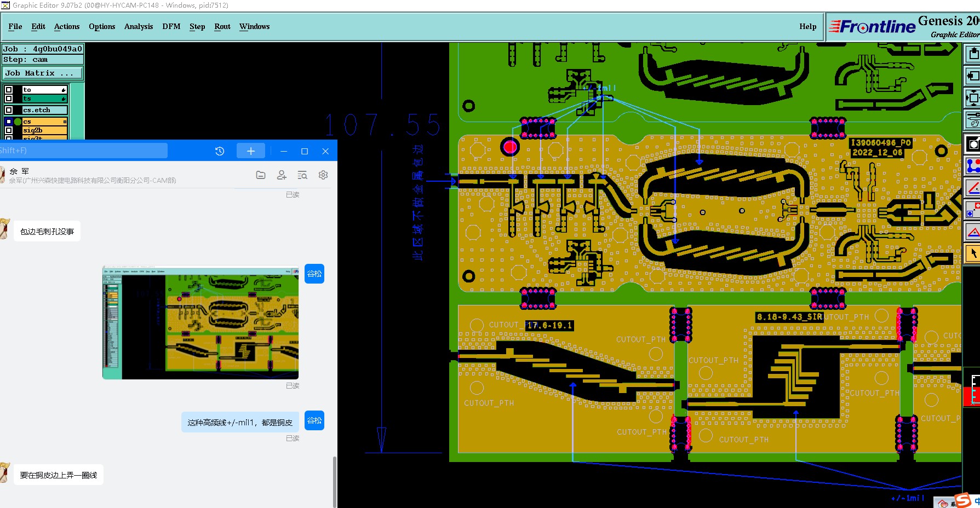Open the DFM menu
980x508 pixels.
171,26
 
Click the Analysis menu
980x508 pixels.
138,26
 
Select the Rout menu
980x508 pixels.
222,26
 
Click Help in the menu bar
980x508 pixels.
807,26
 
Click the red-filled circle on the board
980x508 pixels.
510,146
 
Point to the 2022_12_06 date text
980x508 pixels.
877,153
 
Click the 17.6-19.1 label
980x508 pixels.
549,325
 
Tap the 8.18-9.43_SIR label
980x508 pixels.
789,317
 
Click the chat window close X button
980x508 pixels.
325,151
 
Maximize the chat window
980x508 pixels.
305,151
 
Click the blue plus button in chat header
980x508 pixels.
251,151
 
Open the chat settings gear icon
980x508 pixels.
323,175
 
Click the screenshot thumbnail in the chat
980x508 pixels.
200,322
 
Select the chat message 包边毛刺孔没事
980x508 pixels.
47,232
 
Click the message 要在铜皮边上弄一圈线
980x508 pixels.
59,475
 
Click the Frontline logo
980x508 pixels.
872,26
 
